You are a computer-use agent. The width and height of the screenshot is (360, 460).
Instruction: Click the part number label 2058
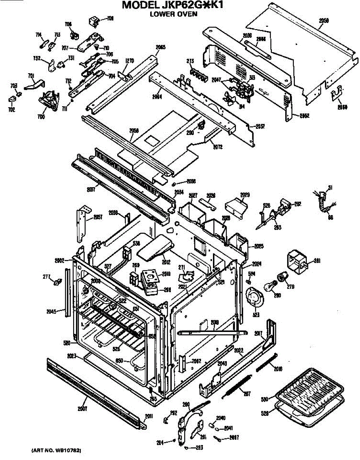(x=134, y=130)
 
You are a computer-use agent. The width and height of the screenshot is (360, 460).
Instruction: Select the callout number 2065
(x=160, y=48)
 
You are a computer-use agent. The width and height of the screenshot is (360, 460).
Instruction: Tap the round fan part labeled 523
(x=253, y=297)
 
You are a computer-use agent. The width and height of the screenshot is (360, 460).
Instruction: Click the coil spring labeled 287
(x=235, y=385)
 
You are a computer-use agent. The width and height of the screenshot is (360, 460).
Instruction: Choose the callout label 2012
(x=166, y=262)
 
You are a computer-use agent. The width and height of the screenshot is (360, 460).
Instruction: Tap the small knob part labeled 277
(x=58, y=282)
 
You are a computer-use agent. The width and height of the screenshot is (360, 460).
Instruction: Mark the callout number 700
(x=41, y=117)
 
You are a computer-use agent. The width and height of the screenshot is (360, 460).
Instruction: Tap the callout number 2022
(x=239, y=350)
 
